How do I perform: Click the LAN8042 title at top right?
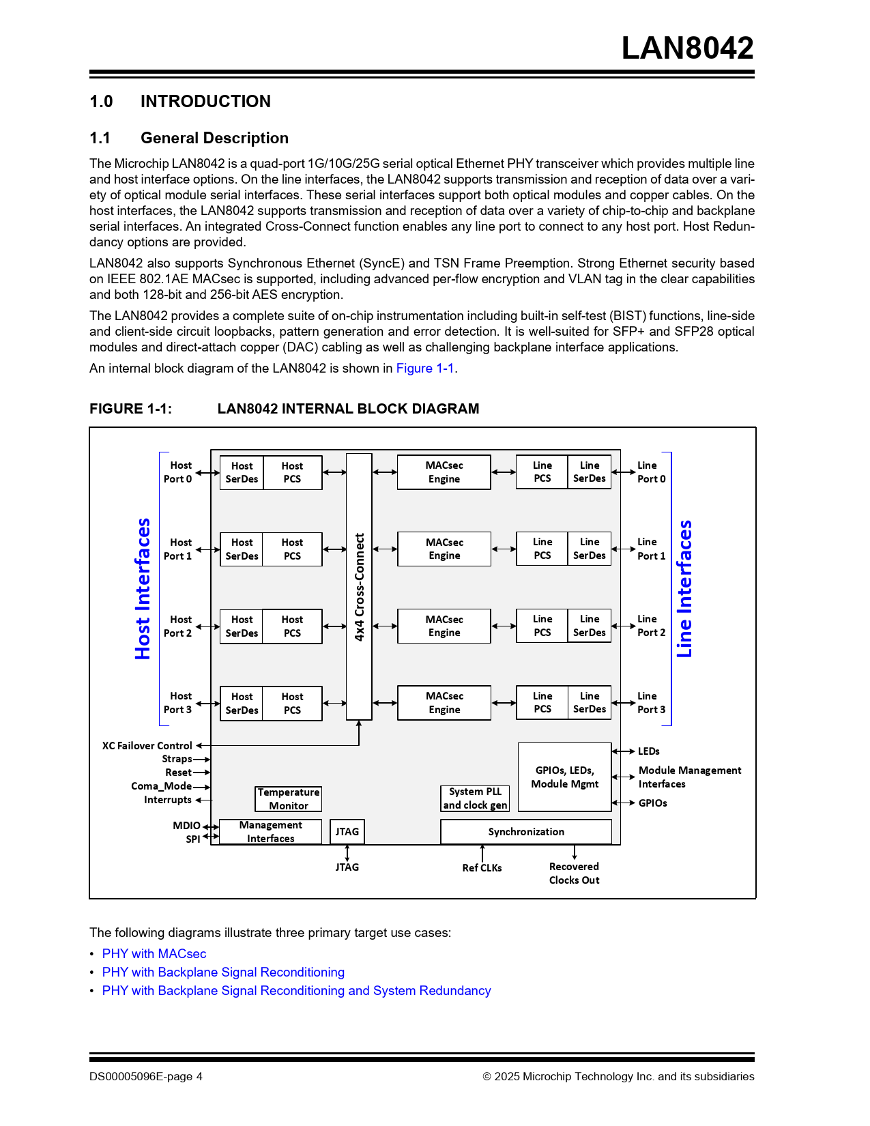coord(687,48)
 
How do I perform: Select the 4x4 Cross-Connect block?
coord(359,586)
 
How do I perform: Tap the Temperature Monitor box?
coord(288,798)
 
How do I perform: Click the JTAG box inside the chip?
coord(347,831)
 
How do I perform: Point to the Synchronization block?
coord(526,831)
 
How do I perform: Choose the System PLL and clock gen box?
coord(475,798)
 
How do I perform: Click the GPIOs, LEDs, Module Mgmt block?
coord(564,777)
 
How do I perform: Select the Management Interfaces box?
coord(270,831)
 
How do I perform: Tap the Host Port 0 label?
coord(177,472)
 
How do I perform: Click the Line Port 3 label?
coord(651,703)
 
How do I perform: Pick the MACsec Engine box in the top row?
coord(444,472)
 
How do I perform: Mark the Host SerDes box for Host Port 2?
coord(242,626)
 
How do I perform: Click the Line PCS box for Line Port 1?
coord(542,549)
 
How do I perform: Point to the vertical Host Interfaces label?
coord(143,588)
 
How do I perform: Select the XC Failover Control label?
coord(147,745)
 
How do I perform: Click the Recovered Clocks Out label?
coord(574,873)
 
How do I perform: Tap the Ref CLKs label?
coord(482,867)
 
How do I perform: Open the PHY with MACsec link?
coord(154,953)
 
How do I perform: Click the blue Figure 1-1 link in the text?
coord(424,369)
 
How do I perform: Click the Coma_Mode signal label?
coord(161,786)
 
